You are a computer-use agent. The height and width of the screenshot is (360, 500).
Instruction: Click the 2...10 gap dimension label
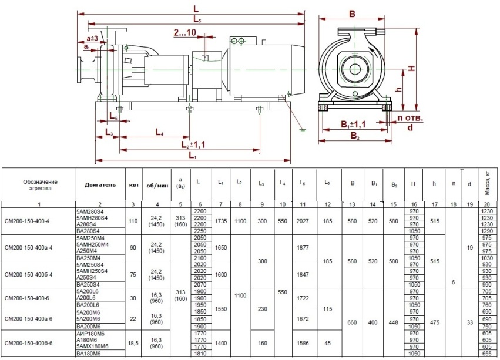click(185, 32)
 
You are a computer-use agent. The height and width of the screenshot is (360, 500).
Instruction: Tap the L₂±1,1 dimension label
click(193, 145)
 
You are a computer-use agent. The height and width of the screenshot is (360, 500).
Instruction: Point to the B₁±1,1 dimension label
click(353, 125)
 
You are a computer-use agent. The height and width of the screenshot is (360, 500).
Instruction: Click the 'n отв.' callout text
click(410, 117)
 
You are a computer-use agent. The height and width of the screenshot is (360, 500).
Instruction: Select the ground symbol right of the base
click(303, 130)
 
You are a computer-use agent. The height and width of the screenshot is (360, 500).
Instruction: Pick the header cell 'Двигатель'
click(100, 184)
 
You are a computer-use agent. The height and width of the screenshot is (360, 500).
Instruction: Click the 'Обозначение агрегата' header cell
click(40, 185)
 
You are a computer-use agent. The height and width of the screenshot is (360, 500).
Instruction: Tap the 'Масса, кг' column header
click(487, 184)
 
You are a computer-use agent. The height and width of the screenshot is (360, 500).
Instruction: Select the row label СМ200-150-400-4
click(27, 221)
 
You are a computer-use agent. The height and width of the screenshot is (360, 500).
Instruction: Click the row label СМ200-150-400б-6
click(28, 344)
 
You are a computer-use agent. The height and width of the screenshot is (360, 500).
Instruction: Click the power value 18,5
click(133, 344)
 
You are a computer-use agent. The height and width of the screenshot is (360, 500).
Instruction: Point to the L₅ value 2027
click(303, 221)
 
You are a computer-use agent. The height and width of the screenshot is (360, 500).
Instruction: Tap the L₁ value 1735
click(221, 221)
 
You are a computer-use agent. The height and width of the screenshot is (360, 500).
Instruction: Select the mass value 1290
click(487, 231)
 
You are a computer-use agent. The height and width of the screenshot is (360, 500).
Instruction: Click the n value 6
click(453, 282)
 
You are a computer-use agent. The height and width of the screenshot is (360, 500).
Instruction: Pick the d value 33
click(469, 322)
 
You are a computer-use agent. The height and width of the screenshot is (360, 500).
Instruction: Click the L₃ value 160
click(263, 344)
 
